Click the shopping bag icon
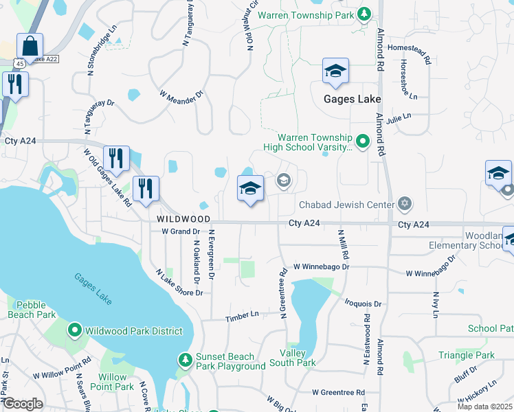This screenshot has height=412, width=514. [30, 47]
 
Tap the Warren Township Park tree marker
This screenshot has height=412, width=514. [364, 14]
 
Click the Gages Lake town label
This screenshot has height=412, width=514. [353, 99]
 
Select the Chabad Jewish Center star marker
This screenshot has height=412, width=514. [405, 204]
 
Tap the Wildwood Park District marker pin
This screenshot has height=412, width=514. [75, 331]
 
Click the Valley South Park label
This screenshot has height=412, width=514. [298, 358]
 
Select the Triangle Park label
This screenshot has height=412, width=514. [467, 355]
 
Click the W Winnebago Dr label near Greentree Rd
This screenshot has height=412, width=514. [322, 266]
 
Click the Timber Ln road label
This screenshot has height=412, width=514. [244, 314]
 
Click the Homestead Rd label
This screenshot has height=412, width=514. [409, 47]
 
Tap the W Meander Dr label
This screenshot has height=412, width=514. [182, 94]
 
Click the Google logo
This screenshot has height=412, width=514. [23, 404]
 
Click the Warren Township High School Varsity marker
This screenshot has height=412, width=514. [362, 142]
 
